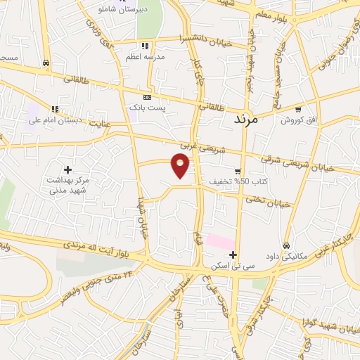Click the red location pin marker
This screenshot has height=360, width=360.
click(x=181, y=165)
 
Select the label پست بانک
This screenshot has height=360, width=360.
click(x=146, y=108)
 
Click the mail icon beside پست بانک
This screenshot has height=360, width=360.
click(x=147, y=97)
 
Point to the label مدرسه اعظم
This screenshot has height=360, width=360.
click(x=145, y=56)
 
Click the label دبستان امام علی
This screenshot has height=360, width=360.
click(x=56, y=120)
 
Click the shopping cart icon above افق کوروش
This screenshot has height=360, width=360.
click(x=298, y=110)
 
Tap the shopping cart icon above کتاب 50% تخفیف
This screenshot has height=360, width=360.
click(x=238, y=171)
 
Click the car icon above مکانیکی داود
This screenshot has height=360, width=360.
click(x=286, y=245)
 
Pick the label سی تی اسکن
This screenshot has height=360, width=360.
click(x=231, y=267)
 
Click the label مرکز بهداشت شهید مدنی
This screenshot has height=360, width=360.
click(x=68, y=185)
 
